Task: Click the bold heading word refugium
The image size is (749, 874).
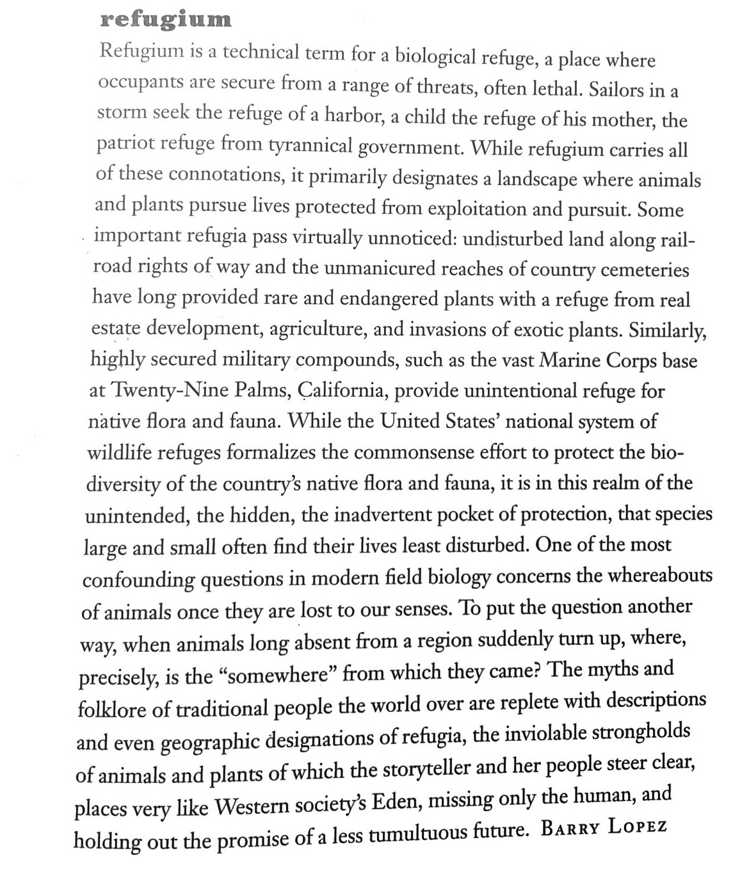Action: pyautogui.click(x=166, y=19)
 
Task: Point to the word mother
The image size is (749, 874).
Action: pyautogui.click(x=622, y=119)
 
